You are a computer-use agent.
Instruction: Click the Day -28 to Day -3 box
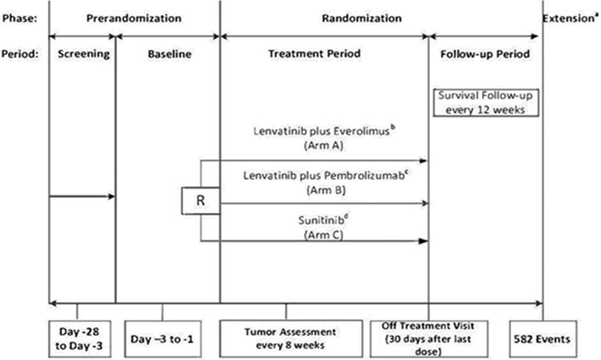pyautogui.click(x=78, y=338)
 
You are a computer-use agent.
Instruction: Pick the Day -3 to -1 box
pyautogui.click(x=163, y=338)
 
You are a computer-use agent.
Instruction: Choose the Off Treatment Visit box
pyautogui.click(x=428, y=338)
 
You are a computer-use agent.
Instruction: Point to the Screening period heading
pyautogui.click(x=81, y=54)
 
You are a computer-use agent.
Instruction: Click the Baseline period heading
pyautogui.click(x=167, y=54)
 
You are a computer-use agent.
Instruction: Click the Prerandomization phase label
pyautogui.click(x=134, y=16)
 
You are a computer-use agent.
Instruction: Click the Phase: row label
pyautogui.click(x=19, y=16)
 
